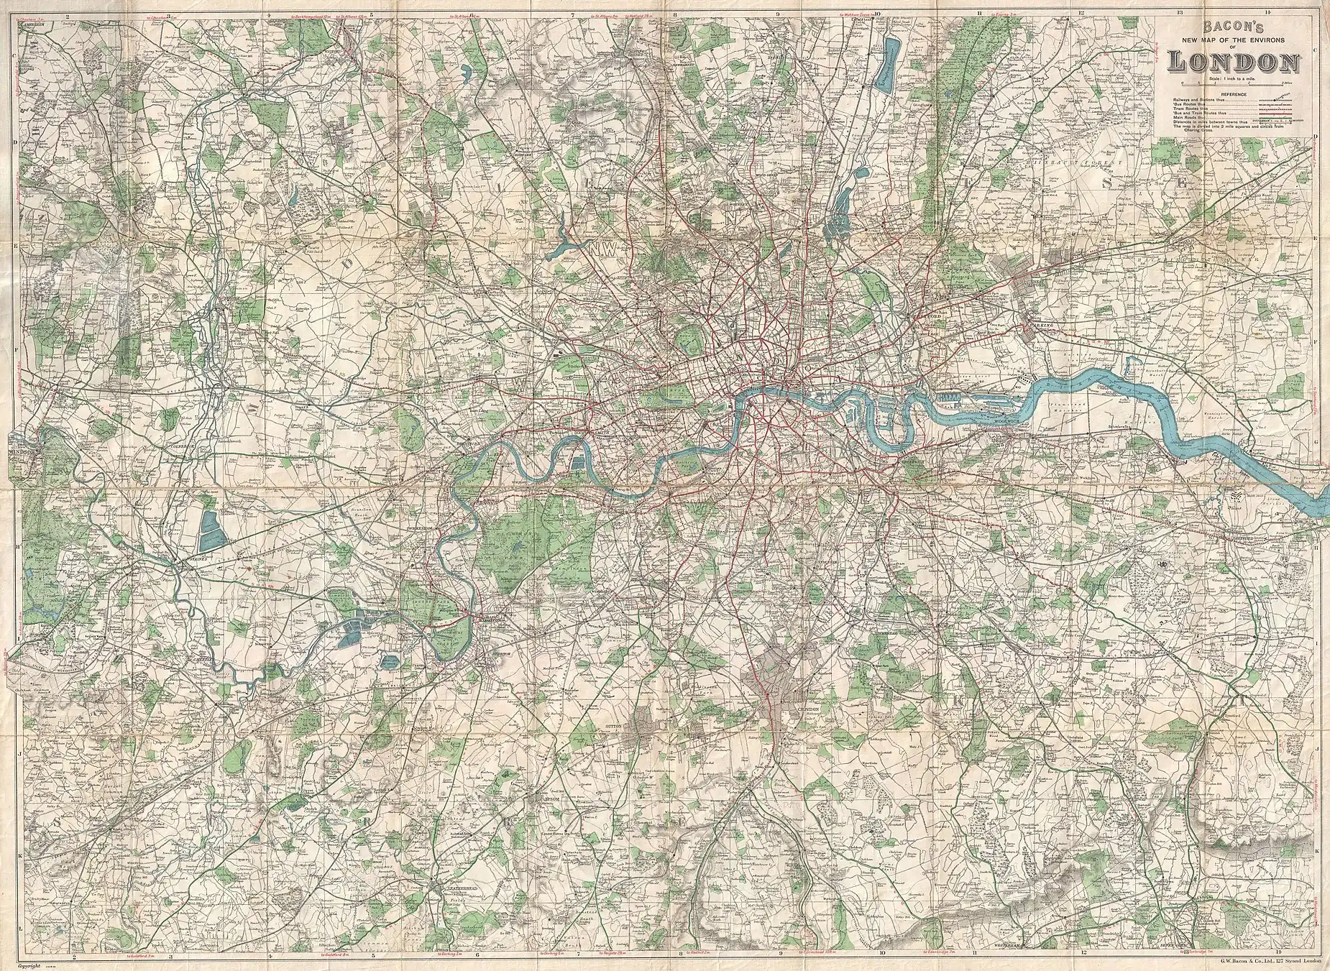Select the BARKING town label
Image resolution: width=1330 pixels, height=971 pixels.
[x=1042, y=325]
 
